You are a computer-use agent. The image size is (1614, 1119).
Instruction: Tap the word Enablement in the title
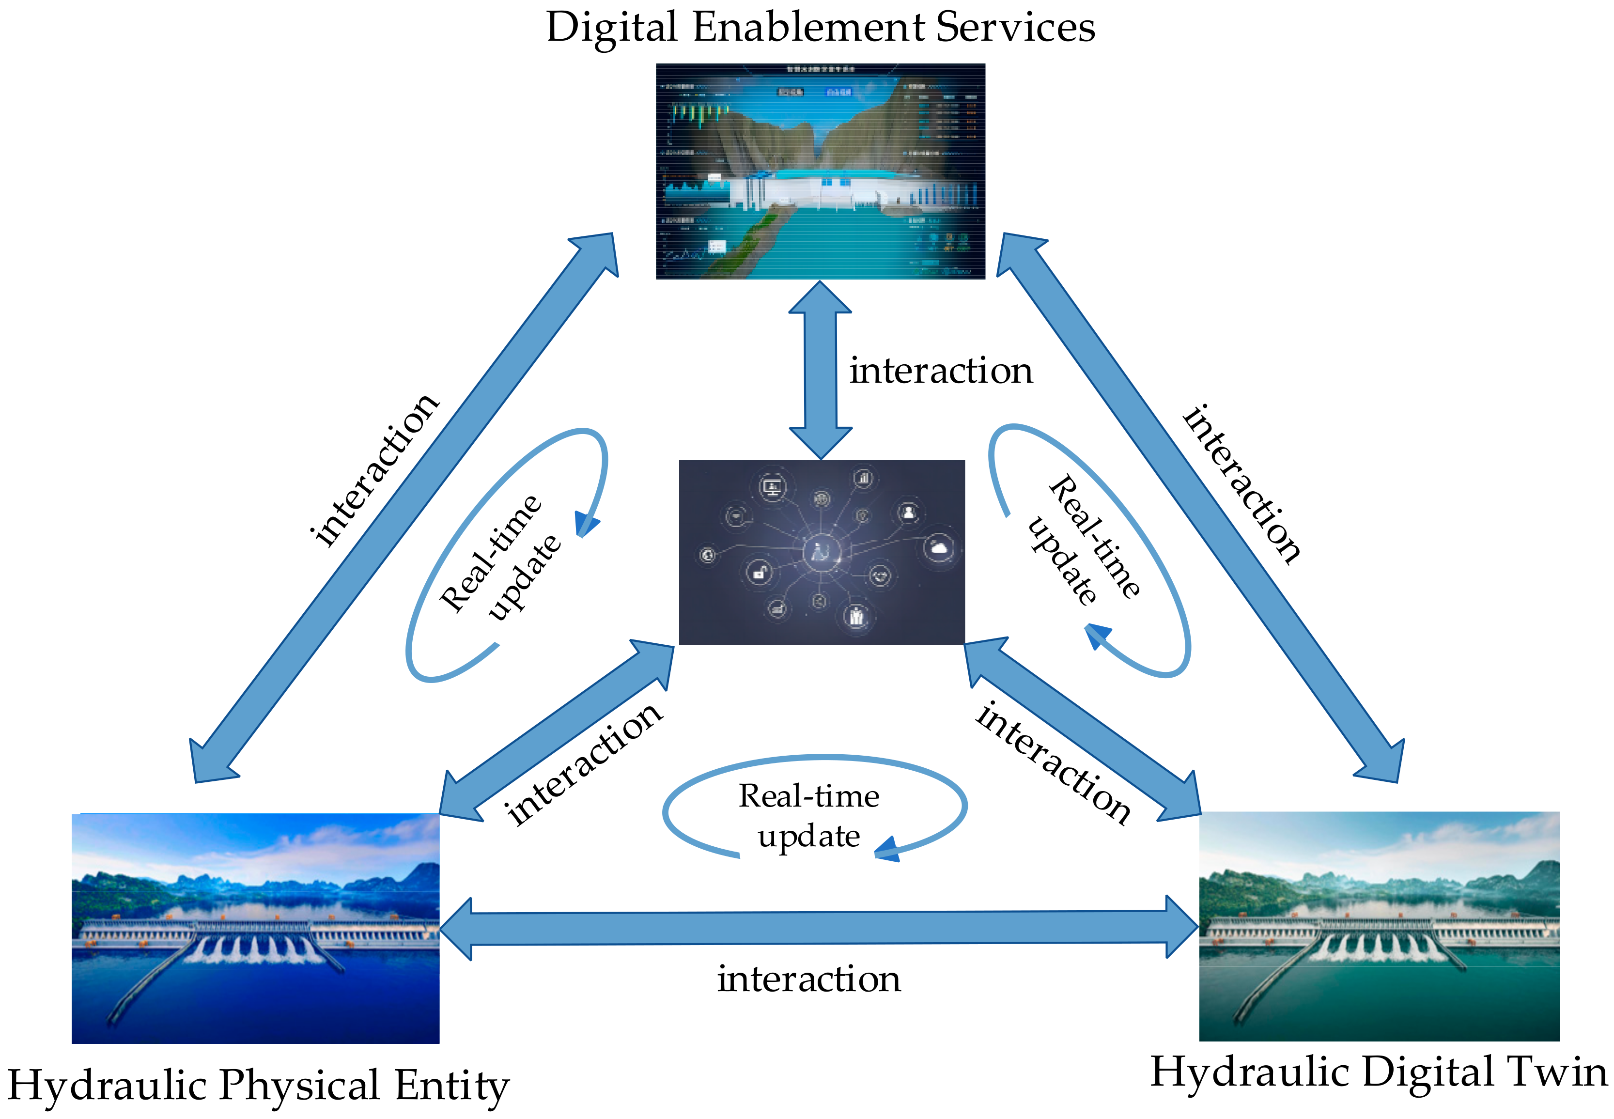pos(808,28)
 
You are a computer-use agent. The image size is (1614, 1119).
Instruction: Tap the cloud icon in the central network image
pos(938,547)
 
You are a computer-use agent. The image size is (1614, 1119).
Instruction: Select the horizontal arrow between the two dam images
pos(819,928)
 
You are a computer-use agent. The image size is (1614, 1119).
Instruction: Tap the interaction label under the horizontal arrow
pos(808,979)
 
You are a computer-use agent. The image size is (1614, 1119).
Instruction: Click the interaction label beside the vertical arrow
pos(941,371)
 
